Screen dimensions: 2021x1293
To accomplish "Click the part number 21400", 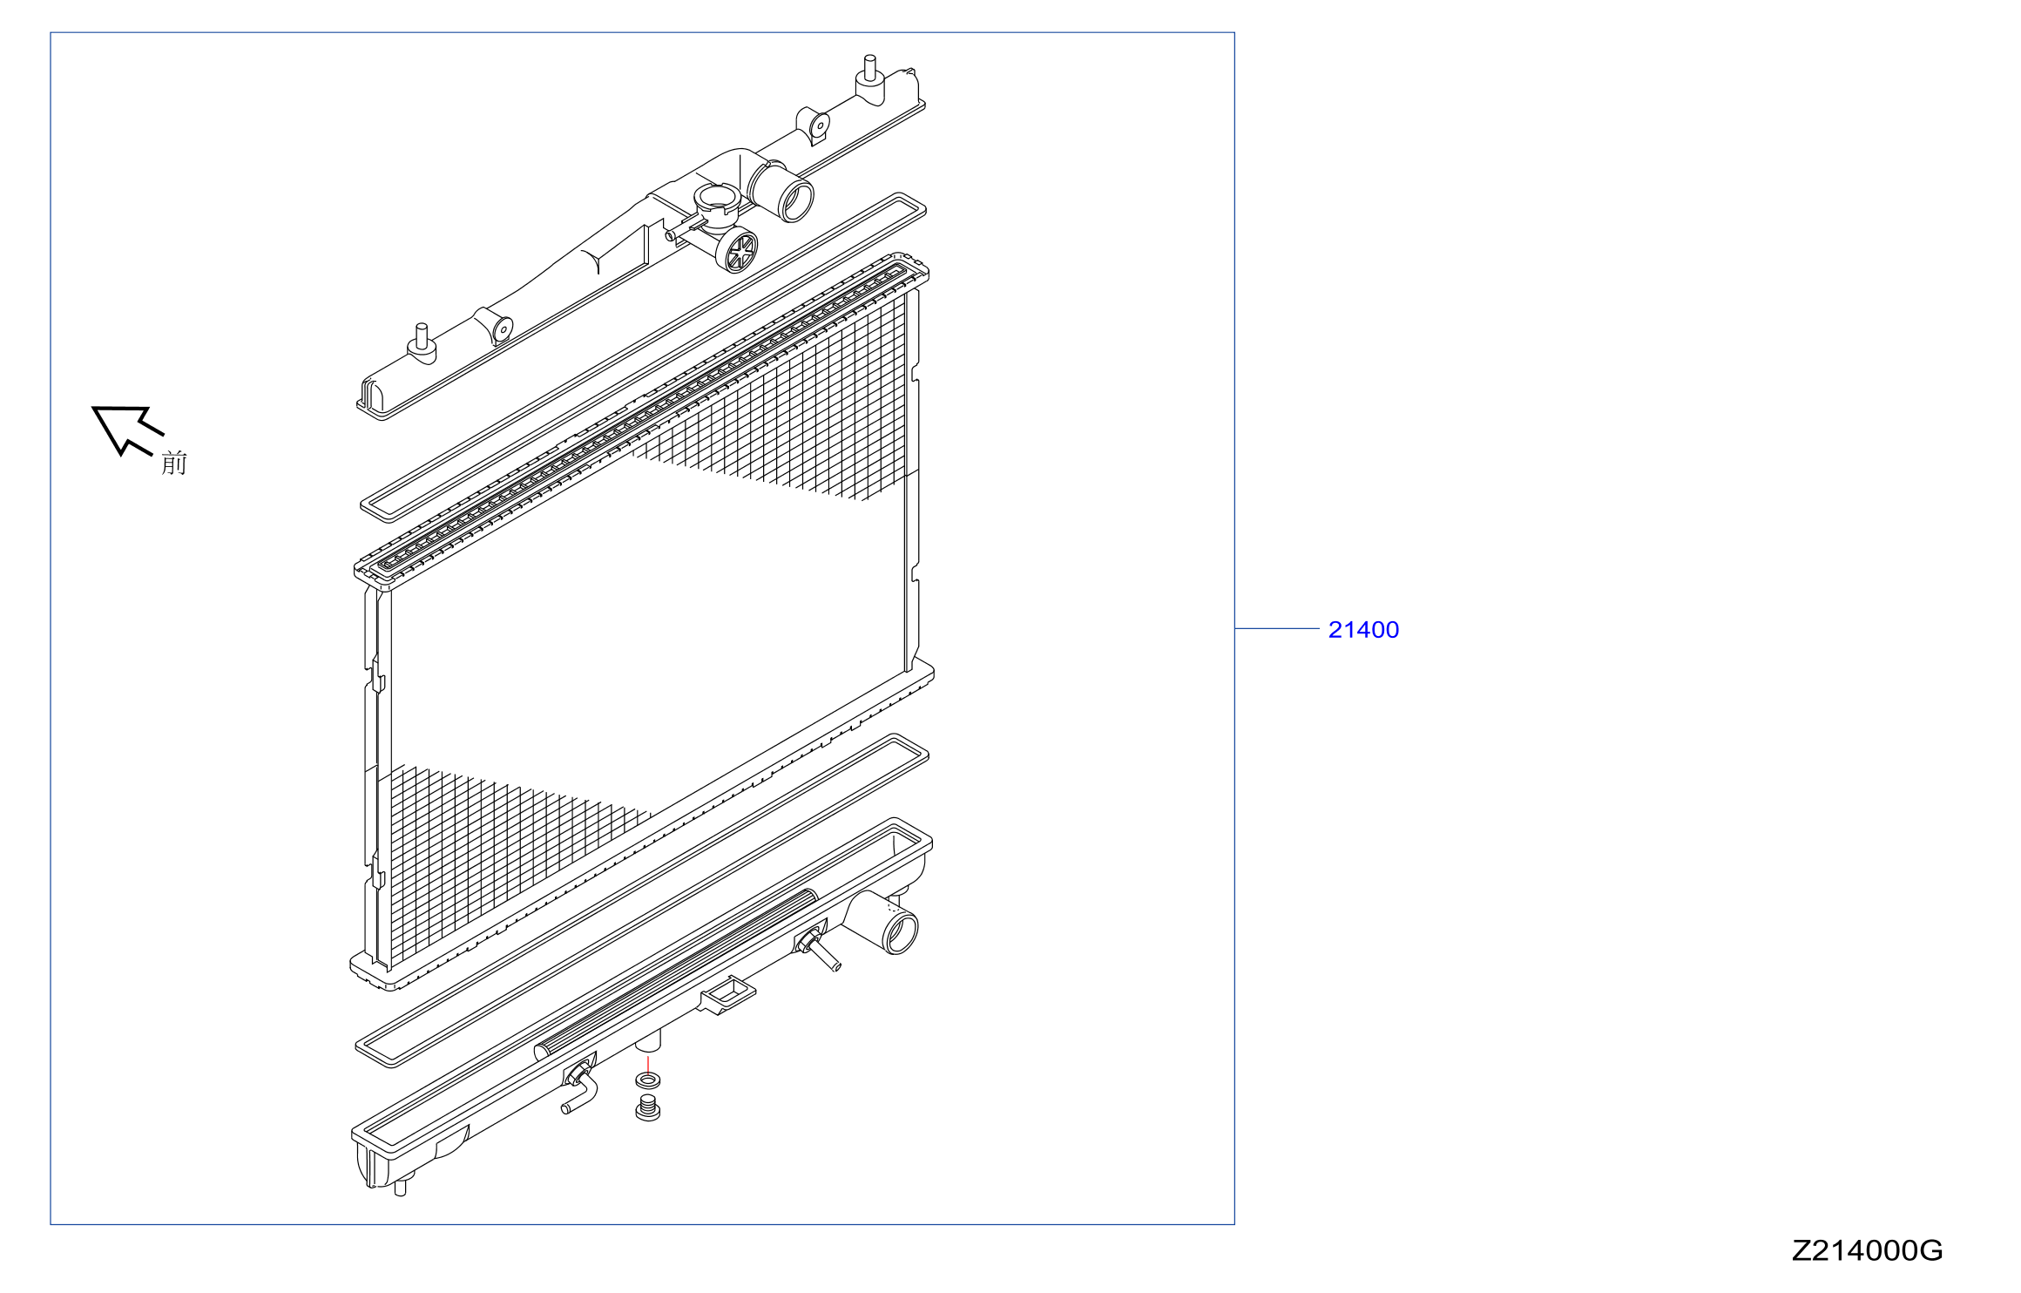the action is [1363, 630].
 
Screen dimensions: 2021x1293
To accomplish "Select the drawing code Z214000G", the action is [1867, 1251].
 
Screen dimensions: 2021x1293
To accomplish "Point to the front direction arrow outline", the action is [127, 429].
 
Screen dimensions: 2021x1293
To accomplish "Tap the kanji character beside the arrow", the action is [174, 463].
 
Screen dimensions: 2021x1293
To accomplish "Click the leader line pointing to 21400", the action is [1277, 628].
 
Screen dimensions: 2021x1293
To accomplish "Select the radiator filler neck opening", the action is [717, 198].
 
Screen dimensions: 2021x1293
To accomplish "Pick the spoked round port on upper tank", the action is [737, 249].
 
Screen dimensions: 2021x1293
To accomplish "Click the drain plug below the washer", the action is [647, 1108].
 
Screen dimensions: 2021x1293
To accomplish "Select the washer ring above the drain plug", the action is [647, 1080].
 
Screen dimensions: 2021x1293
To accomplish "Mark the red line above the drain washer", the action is [648, 1064].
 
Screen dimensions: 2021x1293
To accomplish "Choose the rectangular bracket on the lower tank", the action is [728, 995].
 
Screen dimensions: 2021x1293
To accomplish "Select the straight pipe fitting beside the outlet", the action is [817, 949].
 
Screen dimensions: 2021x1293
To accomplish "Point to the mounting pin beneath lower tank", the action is [401, 1186].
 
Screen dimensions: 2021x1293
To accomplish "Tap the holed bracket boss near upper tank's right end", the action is [814, 125].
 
